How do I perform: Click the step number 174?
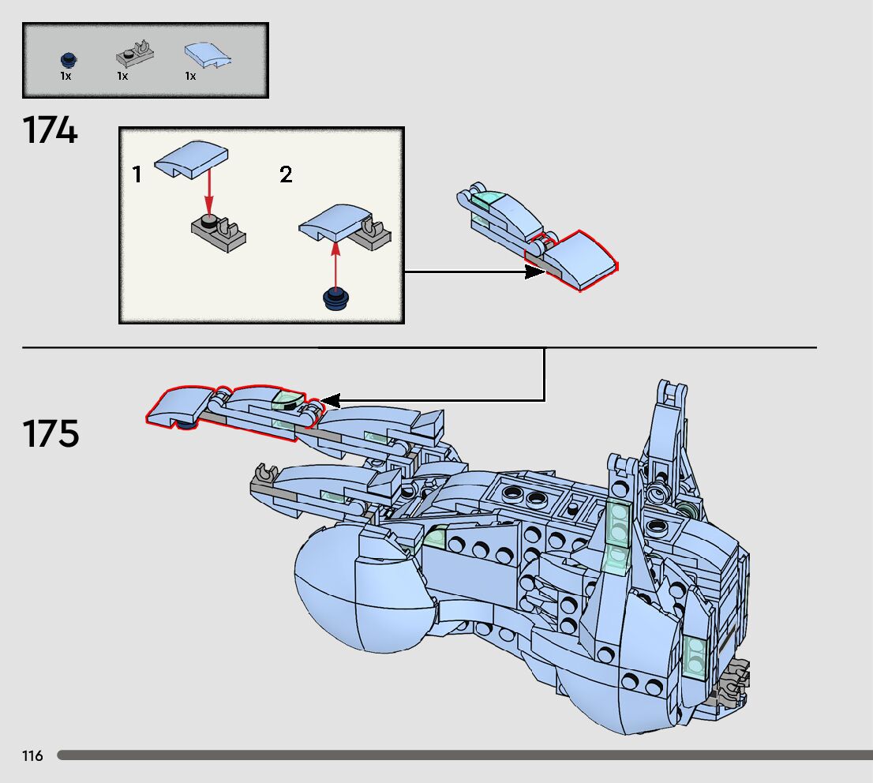(x=51, y=130)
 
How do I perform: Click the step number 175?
(x=51, y=434)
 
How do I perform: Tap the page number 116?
(x=33, y=756)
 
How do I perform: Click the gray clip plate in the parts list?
(x=135, y=54)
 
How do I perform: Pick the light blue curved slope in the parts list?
(x=207, y=54)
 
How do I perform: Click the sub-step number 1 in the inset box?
(x=137, y=174)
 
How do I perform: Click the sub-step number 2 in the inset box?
(x=286, y=174)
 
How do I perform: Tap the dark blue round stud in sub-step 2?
(x=337, y=298)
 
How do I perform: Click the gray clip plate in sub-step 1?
(x=214, y=231)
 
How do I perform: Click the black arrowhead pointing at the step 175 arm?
(x=329, y=401)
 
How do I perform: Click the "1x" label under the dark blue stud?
(x=66, y=77)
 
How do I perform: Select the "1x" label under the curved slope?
(x=190, y=77)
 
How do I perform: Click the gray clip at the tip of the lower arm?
(x=264, y=476)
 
